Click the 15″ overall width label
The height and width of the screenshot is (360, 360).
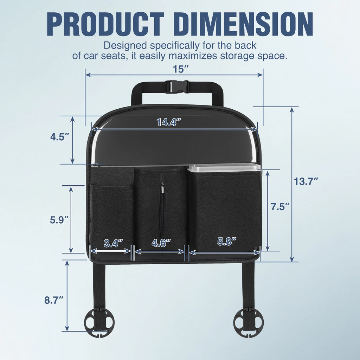click(x=181, y=69)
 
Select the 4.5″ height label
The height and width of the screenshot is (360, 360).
click(x=60, y=137)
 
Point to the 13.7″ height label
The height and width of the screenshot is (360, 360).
click(x=306, y=182)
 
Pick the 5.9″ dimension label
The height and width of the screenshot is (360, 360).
click(x=59, y=220)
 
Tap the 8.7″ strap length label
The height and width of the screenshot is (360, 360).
click(x=54, y=300)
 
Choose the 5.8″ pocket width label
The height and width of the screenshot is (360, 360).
click(x=227, y=241)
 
